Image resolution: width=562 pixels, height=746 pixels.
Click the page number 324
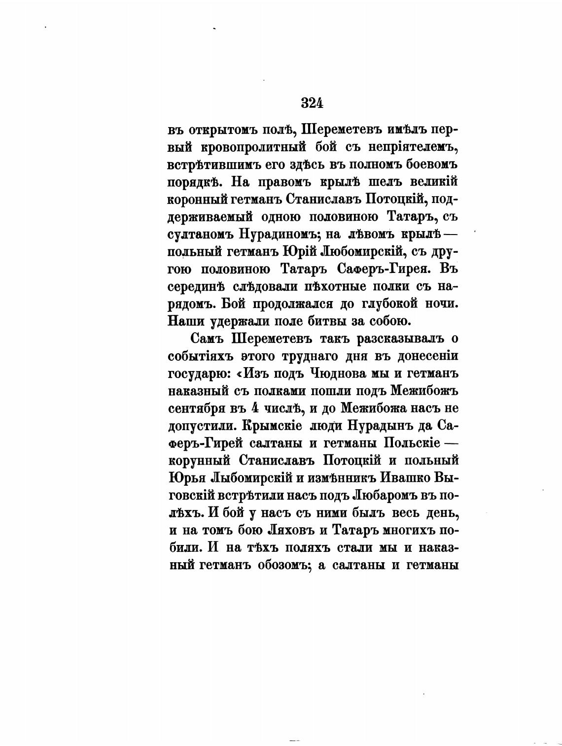(x=312, y=103)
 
